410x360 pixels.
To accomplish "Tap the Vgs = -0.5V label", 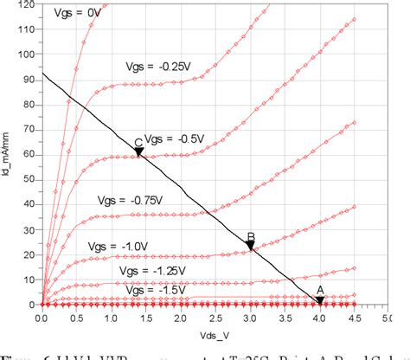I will point(173,138).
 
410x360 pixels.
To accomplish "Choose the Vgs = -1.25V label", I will point(147,270).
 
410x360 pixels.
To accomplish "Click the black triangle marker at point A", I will point(319,300).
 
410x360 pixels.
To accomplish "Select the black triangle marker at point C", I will point(138,152).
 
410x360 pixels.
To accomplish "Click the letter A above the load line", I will point(319,290).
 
